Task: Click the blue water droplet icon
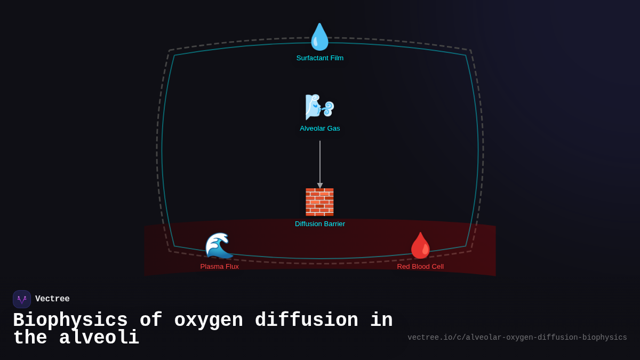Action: pyautogui.click(x=320, y=37)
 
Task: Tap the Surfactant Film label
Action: pyautogui.click(x=320, y=58)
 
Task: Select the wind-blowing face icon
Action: pyautogui.click(x=319, y=107)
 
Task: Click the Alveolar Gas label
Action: pyautogui.click(x=320, y=129)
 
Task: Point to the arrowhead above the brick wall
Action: pyautogui.click(x=320, y=186)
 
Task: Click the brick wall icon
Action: pyautogui.click(x=319, y=202)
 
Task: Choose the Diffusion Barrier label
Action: pyautogui.click(x=320, y=224)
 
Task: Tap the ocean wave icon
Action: pyautogui.click(x=219, y=245)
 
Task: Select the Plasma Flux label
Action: pyautogui.click(x=219, y=267)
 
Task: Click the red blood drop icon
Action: pyautogui.click(x=421, y=245)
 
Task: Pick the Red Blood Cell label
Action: pyautogui.click(x=420, y=267)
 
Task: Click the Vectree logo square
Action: pyautogui.click(x=22, y=299)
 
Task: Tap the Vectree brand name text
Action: pyautogui.click(x=52, y=299)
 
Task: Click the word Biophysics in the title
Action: pyautogui.click(x=70, y=321)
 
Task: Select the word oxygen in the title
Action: pyautogui.click(x=209, y=321)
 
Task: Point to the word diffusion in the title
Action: pyautogui.click(x=306, y=321)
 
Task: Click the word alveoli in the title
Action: pyautogui.click(x=99, y=338)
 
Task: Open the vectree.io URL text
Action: pyautogui.click(x=517, y=338)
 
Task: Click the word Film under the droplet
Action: pyautogui.click(x=336, y=58)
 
